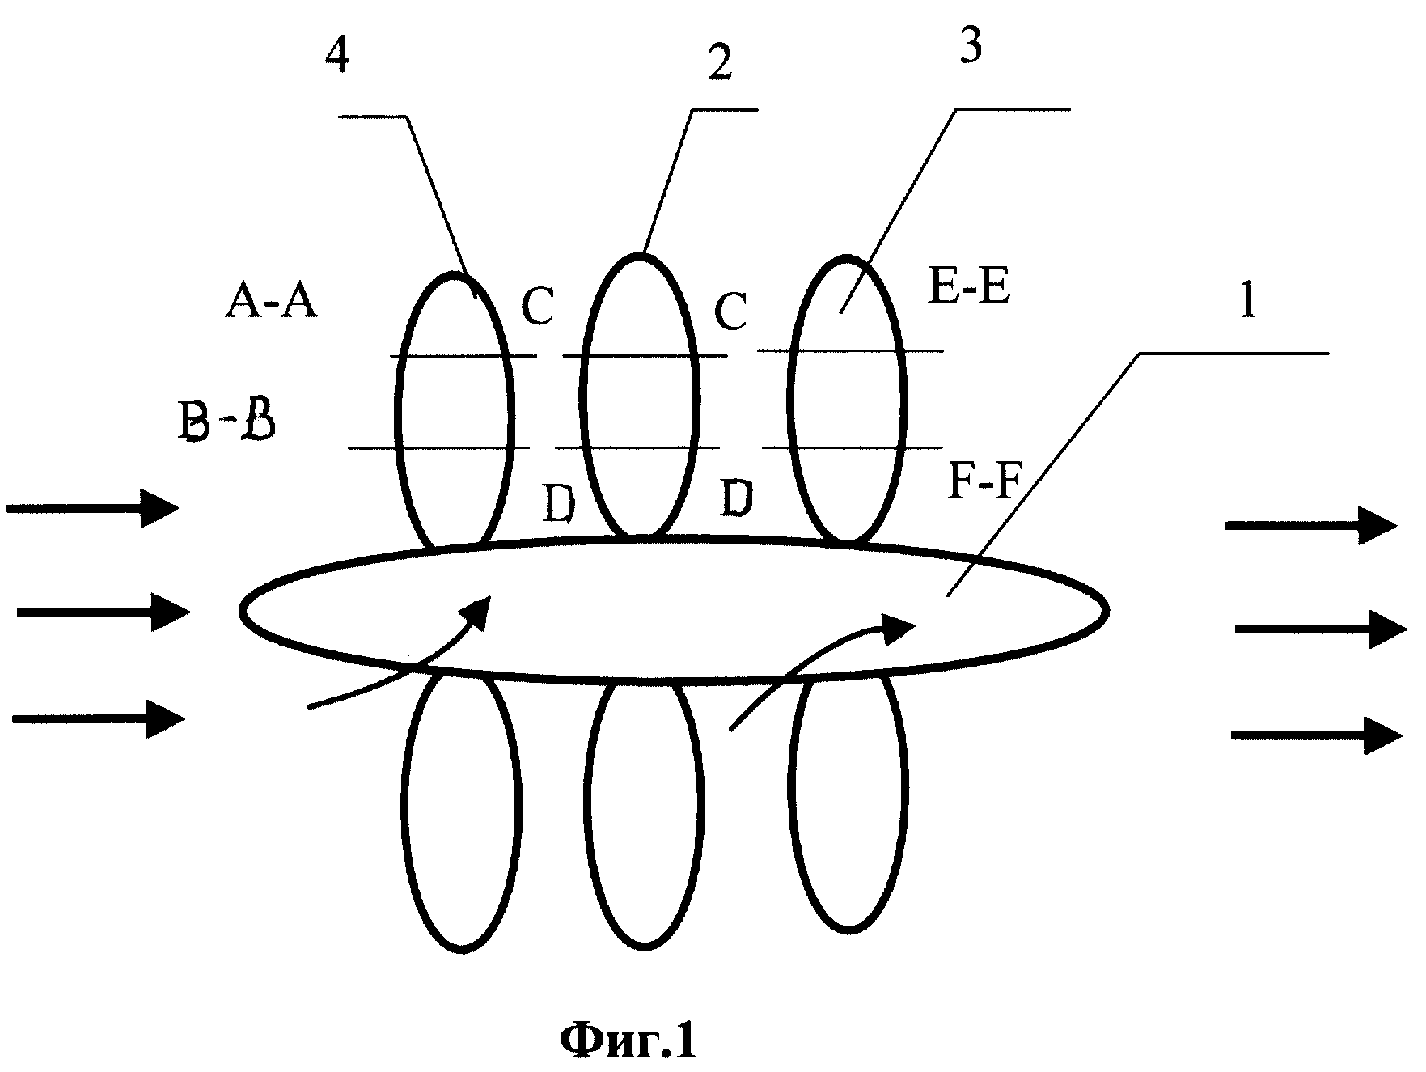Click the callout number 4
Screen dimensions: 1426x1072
pos(338,56)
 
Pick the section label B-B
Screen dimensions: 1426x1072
pos(227,422)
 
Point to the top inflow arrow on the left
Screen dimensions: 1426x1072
pos(93,508)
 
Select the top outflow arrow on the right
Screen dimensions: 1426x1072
pos(1311,525)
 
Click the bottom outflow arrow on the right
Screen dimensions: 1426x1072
pos(1317,735)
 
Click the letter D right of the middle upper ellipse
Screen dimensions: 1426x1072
pos(737,499)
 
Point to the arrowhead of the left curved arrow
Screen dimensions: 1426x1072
pos(478,612)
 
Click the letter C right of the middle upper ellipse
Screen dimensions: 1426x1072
pos(730,311)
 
